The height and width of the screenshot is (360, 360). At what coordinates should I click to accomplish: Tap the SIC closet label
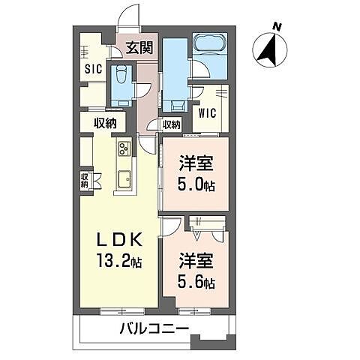pos(94,69)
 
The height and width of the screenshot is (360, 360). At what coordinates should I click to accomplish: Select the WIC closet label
pos(207,113)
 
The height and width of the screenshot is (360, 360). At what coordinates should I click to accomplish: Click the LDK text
pos(119,240)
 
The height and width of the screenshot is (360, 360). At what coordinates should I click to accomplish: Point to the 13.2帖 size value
pos(119,261)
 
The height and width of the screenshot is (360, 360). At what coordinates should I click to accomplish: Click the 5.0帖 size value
pos(196,185)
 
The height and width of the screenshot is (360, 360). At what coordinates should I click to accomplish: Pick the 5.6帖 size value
pos(196,283)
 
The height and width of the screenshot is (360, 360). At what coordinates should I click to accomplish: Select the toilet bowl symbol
pos(121,74)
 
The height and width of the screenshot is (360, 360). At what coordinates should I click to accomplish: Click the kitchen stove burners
pos(124,148)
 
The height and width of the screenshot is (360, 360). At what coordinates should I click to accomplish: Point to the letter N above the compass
pos(276,26)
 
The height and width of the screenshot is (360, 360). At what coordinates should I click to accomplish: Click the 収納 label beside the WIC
pos(172,124)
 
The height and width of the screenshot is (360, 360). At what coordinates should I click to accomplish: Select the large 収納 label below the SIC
pos(105,123)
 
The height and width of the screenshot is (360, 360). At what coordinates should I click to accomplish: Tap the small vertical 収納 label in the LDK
pos(84,181)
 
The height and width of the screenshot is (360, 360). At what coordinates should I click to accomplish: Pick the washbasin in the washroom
pos(178,105)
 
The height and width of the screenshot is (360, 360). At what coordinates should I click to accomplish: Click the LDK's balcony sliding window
pos(122,311)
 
